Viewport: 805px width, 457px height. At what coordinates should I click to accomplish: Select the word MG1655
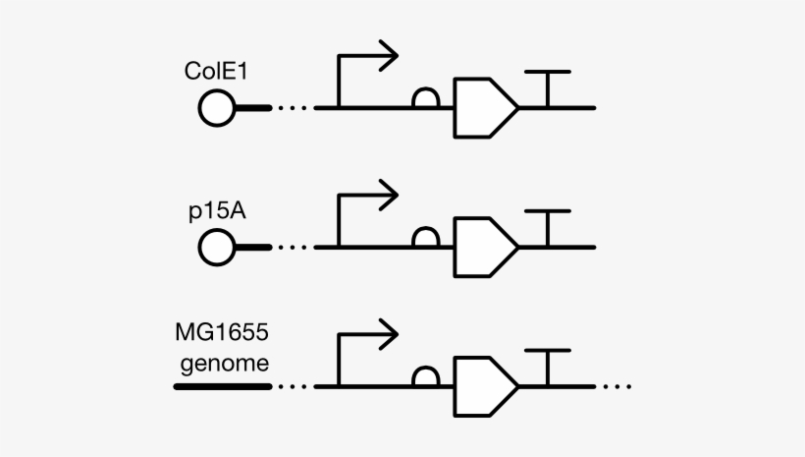tap(221, 335)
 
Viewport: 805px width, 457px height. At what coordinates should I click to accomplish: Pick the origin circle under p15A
tap(216, 246)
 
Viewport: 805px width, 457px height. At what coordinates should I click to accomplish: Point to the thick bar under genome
tap(222, 386)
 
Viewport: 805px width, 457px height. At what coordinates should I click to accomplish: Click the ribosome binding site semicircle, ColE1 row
tap(425, 98)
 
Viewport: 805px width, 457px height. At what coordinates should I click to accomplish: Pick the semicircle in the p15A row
tap(425, 237)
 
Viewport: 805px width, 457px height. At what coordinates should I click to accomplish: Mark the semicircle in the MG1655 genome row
tap(425, 376)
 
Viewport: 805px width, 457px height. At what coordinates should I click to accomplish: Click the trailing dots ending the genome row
tap(617, 386)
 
